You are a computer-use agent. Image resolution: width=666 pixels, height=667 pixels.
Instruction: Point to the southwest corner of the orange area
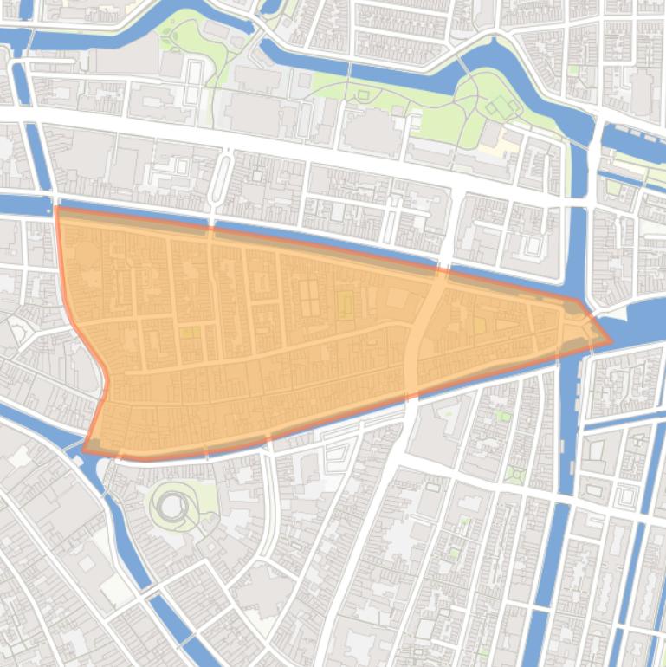(x=85, y=449)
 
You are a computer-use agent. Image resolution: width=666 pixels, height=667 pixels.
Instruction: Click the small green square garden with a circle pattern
(x=516, y=475)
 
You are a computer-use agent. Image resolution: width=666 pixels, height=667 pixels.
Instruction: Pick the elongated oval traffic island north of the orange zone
(x=221, y=180)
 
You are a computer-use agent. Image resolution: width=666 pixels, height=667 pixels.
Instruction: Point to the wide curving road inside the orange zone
(x=418, y=333)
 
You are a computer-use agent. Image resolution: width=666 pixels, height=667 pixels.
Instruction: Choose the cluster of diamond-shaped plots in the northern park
(x=501, y=107)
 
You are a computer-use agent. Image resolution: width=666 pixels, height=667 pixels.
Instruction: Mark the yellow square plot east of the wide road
(x=479, y=325)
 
